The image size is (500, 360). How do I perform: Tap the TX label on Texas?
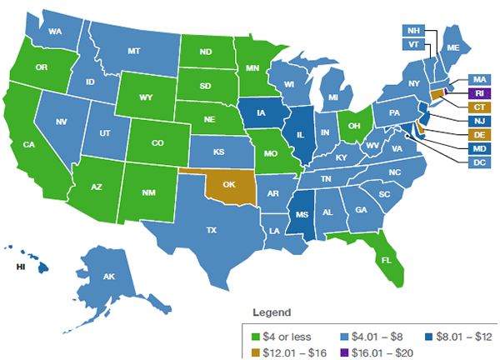212,229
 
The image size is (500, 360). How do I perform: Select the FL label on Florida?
385,259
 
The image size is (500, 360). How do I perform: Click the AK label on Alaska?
108,277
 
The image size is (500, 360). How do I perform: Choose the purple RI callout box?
479,92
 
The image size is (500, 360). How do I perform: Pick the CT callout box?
479,107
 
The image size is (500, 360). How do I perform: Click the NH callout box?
413,31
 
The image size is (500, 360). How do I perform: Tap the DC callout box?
479,162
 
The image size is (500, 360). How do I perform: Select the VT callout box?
413,44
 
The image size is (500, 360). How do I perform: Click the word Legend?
272,313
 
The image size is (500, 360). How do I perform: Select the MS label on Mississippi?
297,212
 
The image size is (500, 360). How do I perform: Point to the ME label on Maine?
453,48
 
